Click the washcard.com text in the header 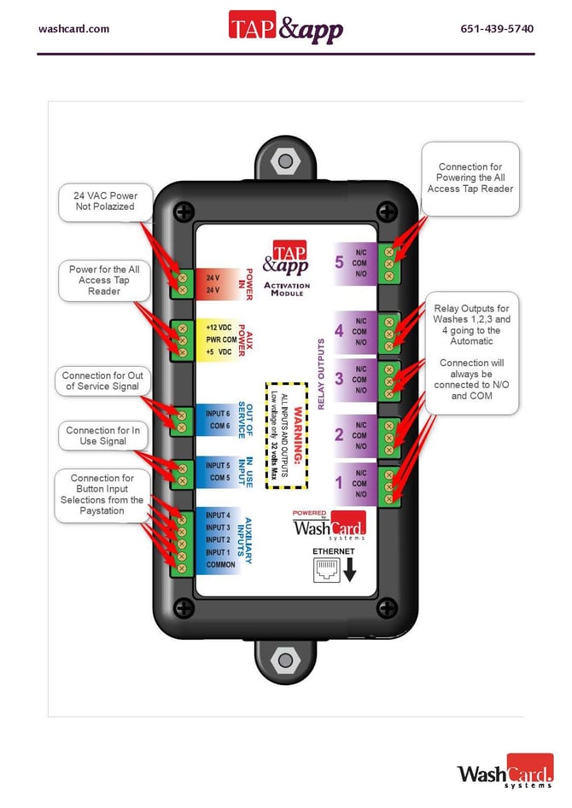tap(73, 29)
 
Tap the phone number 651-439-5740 tap(497, 29)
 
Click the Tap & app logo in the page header tap(285, 26)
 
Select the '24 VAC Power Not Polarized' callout tap(105, 201)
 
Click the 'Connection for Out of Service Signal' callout tap(102, 381)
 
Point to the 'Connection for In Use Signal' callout tap(102, 436)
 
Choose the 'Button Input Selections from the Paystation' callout tap(102, 495)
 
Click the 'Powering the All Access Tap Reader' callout tap(470, 177)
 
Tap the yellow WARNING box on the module tap(286, 434)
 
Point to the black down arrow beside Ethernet tap(349, 570)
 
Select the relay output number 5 tap(339, 263)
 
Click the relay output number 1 tap(339, 484)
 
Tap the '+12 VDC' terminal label tap(219, 328)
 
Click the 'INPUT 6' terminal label tap(218, 414)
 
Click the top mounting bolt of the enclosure tap(284, 160)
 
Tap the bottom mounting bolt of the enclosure tap(284, 660)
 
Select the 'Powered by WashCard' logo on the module tap(329, 524)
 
